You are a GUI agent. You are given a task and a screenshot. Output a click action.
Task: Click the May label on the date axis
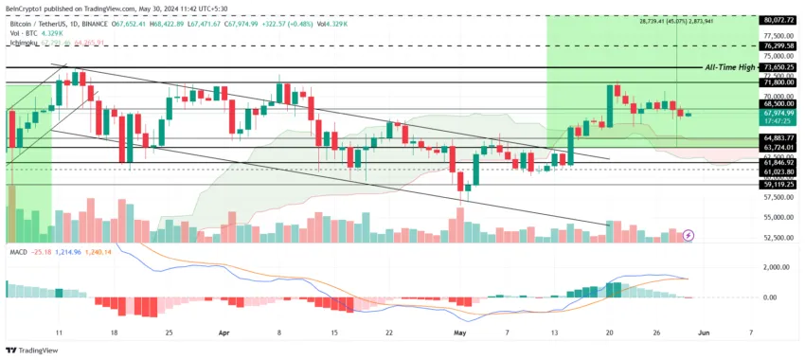pos(459,333)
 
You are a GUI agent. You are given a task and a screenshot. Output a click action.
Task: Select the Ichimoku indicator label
pos(25,43)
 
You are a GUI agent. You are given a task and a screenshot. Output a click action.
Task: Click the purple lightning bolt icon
pos(689,234)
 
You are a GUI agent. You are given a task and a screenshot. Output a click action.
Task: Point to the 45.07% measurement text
pos(676,20)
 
